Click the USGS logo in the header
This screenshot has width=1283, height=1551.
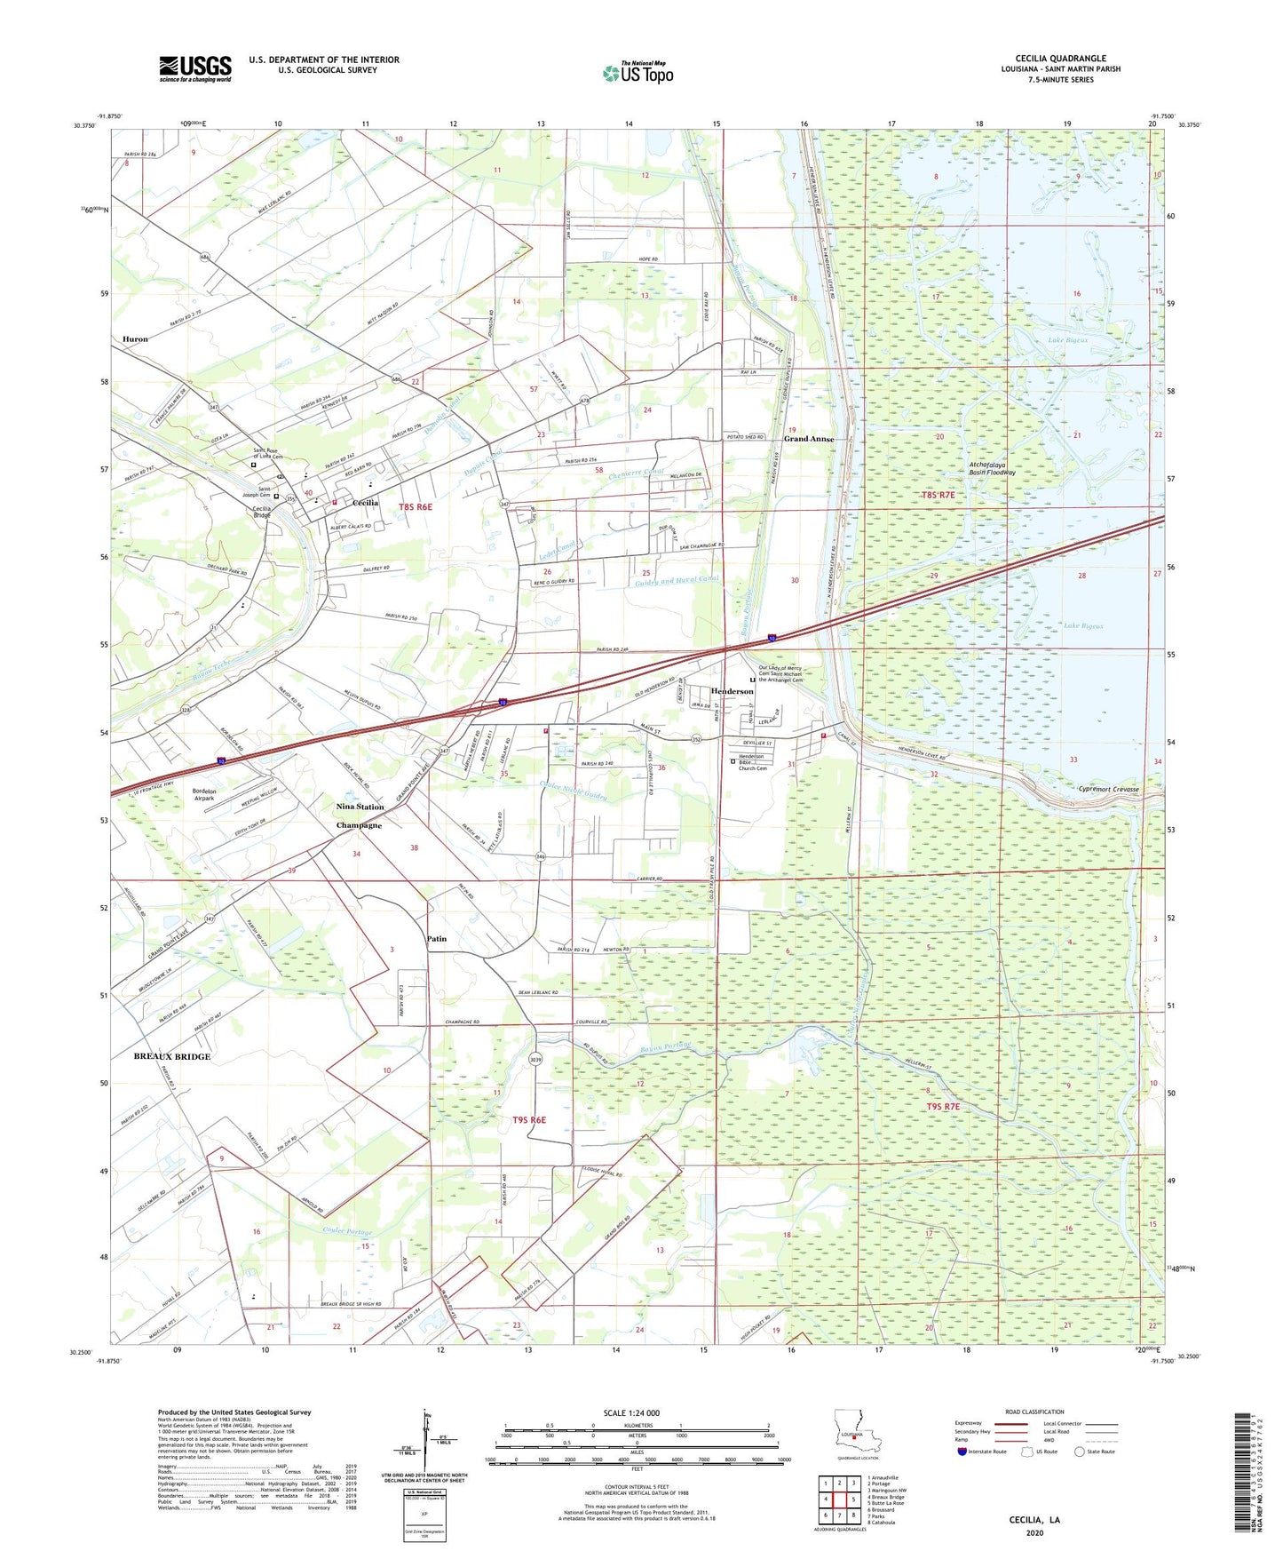click(194, 68)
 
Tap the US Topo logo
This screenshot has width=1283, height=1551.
click(638, 72)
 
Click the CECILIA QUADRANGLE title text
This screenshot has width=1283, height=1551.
click(1060, 59)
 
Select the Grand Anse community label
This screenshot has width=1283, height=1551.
click(808, 439)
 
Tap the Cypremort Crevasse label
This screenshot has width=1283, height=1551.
click(1107, 789)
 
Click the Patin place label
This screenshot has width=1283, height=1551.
click(436, 938)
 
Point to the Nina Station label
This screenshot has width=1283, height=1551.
click(360, 807)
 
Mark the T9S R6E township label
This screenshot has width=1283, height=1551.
click(528, 1120)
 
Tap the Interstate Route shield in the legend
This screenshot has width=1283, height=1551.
click(964, 1452)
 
